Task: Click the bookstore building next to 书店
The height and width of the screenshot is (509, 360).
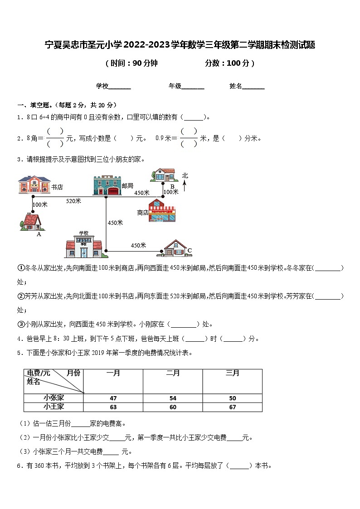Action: pyautogui.click(x=34, y=185)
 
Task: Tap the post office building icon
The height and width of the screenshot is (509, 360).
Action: pyautogui.click(x=107, y=185)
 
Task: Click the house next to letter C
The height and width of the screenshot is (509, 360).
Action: pyautogui.click(x=175, y=248)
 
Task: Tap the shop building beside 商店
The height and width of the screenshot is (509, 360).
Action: pyautogui.click(x=162, y=211)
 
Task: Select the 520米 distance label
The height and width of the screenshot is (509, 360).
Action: pyautogui.click(x=73, y=201)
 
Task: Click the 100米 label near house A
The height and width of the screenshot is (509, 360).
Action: pyautogui.click(x=41, y=205)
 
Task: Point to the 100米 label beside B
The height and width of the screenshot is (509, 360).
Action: pyautogui.click(x=171, y=192)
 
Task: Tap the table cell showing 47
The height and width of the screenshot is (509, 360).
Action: pyautogui.click(x=113, y=398)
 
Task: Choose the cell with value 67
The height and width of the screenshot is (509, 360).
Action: pyautogui.click(x=232, y=407)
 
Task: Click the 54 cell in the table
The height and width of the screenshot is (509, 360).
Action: pyautogui.click(x=173, y=398)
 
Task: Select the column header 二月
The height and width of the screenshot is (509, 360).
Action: pyautogui.click(x=173, y=373)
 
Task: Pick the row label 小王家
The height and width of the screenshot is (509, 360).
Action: pyautogui.click(x=54, y=407)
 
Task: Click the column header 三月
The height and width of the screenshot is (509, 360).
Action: pyautogui.click(x=232, y=373)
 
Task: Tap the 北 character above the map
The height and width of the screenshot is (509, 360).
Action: pyautogui.click(x=185, y=175)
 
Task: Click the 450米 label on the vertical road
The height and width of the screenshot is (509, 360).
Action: pyautogui.click(x=115, y=223)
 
